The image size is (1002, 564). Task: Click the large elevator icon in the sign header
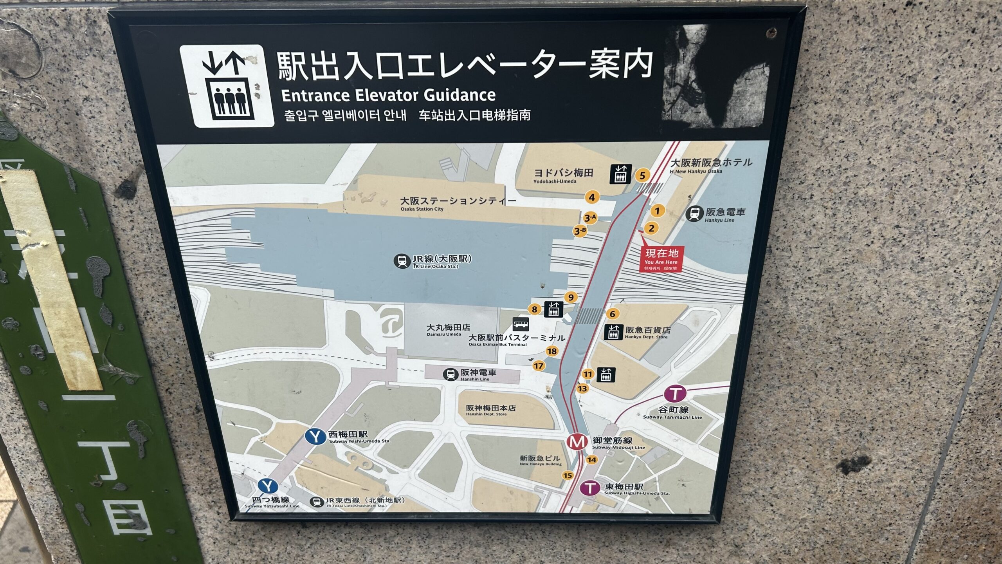click(227, 86)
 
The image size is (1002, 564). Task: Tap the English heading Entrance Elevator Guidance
click(388, 95)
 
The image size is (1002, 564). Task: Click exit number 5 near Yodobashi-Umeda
click(642, 175)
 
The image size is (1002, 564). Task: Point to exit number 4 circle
click(592, 197)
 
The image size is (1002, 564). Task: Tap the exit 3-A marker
click(590, 218)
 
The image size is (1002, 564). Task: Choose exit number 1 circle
click(657, 211)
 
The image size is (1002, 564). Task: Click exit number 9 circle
click(571, 297)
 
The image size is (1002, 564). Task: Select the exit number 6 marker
click(613, 314)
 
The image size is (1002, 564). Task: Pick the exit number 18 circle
click(552, 351)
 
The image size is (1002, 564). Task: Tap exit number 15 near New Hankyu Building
click(568, 475)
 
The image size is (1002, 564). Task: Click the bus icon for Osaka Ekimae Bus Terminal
click(521, 324)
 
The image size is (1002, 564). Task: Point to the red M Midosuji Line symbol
click(577, 442)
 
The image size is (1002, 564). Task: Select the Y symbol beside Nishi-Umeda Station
click(315, 437)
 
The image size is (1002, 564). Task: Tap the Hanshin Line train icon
click(451, 374)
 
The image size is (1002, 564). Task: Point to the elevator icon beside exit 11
click(606, 375)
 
